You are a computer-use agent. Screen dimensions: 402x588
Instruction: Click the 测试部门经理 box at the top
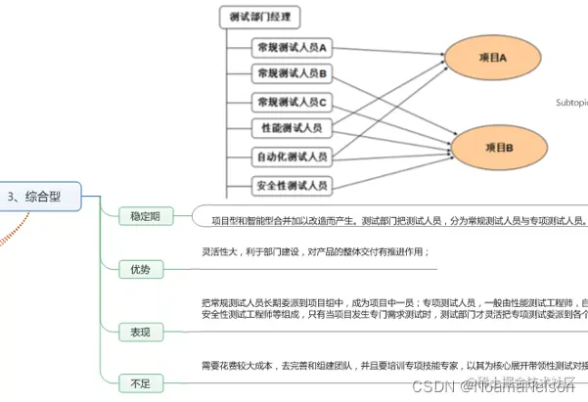coord(258,17)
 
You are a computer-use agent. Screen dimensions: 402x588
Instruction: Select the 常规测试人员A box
coord(291,46)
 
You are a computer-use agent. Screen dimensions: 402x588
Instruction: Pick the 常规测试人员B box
coord(291,73)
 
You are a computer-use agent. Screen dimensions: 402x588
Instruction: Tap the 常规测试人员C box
coord(291,101)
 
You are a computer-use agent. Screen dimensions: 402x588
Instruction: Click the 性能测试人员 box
coord(291,128)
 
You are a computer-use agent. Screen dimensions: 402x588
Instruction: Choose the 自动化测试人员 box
coord(291,156)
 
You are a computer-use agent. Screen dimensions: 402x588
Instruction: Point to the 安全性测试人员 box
coord(291,184)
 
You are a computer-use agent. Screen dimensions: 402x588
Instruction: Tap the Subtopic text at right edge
coord(571,101)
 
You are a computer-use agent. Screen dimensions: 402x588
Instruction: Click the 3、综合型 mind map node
coord(37,196)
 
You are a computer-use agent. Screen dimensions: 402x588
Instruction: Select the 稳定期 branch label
coord(145,216)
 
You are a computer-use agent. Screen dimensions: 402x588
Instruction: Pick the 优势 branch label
coord(140,269)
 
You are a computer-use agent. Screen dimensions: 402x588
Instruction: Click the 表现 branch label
coord(140,332)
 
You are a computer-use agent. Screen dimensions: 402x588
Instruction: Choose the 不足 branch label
coord(140,382)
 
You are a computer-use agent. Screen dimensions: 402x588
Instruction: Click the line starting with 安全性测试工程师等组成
coord(391,314)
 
